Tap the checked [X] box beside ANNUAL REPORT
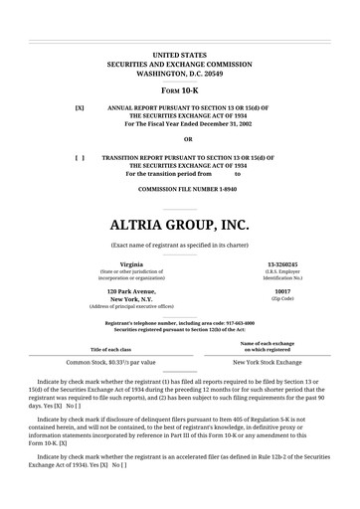pyautogui.click(x=80, y=106)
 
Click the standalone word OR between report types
pyautogui.click(x=179, y=139)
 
